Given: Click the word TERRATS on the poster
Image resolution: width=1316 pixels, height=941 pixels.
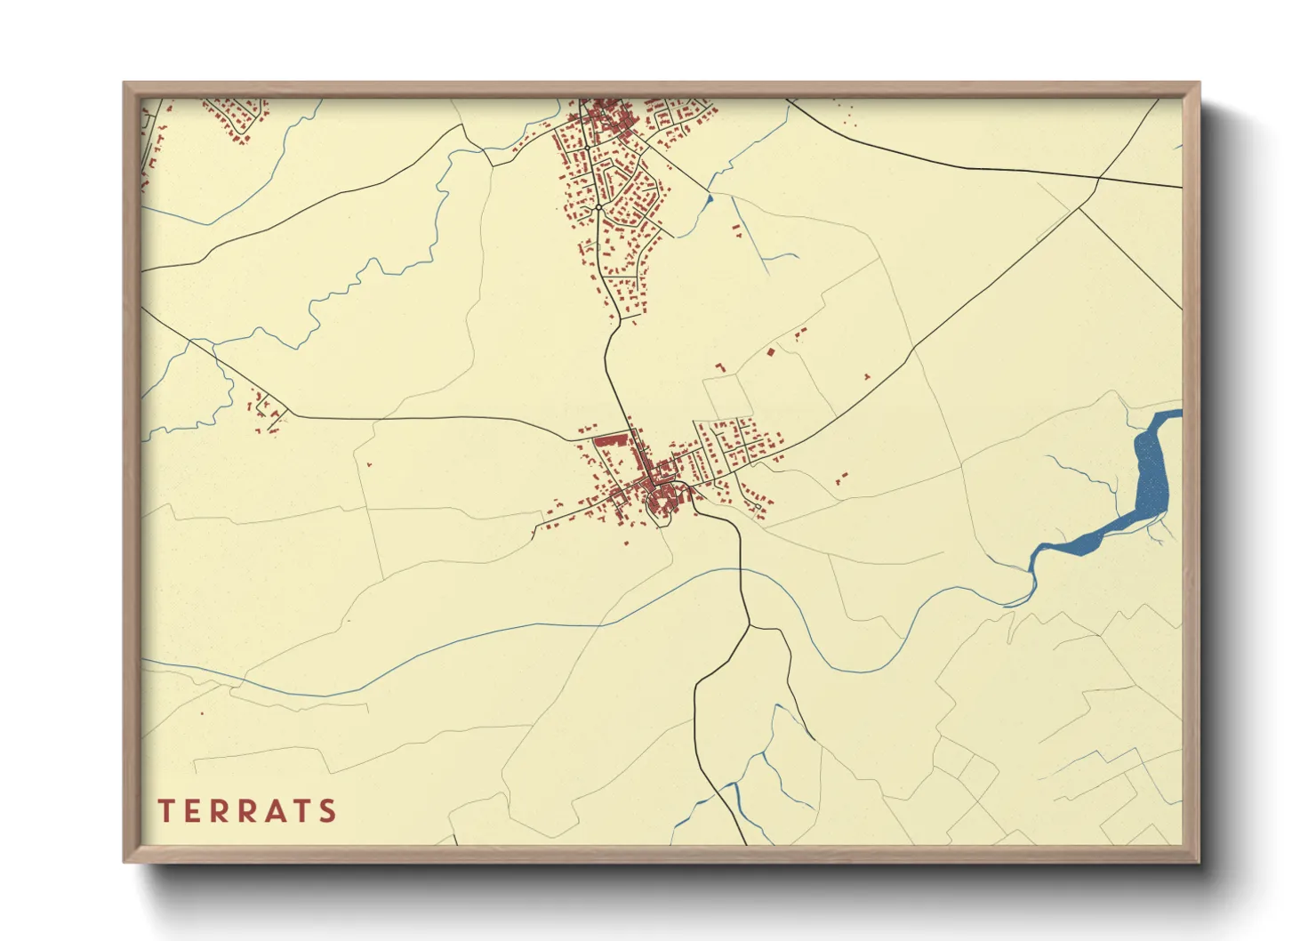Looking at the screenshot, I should click(x=247, y=811).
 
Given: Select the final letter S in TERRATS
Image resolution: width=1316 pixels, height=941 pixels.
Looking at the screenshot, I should click(x=329, y=811).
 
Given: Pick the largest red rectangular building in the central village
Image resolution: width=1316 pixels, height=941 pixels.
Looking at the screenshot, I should click(x=610, y=439).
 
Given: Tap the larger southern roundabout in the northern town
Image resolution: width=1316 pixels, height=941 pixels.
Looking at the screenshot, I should click(x=599, y=207).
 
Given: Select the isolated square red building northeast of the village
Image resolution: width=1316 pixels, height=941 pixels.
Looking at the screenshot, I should click(x=771, y=353).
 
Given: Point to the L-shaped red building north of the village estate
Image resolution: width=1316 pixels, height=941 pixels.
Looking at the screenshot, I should click(x=720, y=366).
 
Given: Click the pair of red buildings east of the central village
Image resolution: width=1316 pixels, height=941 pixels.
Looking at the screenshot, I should click(x=841, y=479).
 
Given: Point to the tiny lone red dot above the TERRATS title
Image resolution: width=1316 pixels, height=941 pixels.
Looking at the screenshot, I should click(x=202, y=713).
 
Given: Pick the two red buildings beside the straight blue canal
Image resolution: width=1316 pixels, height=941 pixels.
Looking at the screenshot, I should click(x=736, y=232).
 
